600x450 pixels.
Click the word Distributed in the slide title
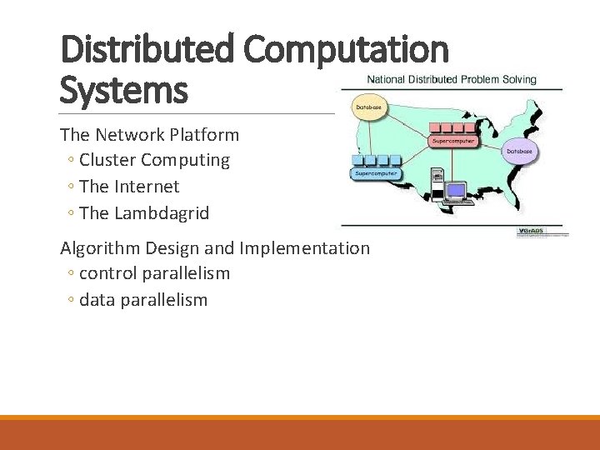click(x=149, y=49)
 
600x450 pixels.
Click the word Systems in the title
click(x=124, y=89)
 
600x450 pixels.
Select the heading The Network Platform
click(x=149, y=134)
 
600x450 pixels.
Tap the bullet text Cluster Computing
click(x=154, y=159)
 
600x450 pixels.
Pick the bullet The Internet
click(x=129, y=186)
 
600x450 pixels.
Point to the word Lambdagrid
click(x=162, y=212)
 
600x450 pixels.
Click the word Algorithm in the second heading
click(x=101, y=247)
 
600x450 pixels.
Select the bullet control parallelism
click(x=154, y=273)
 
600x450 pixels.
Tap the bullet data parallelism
click(x=142, y=299)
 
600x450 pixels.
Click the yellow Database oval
click(x=369, y=107)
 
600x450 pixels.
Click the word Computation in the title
click(x=346, y=49)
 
